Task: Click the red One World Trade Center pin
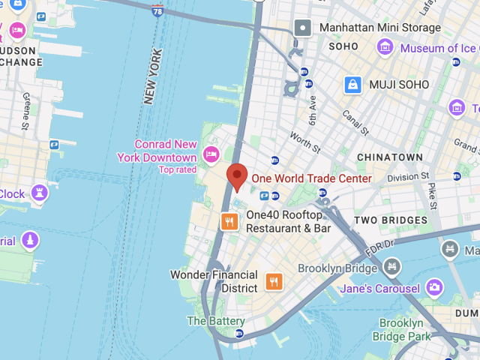[238, 176]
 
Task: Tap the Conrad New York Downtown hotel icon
[211, 155]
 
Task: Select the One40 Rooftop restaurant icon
[229, 221]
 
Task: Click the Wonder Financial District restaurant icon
[274, 282]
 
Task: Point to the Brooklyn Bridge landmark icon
[391, 267]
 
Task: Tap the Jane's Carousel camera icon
[434, 287]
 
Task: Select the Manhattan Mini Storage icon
[303, 28]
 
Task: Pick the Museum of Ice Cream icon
[385, 47]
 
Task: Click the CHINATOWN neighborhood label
[390, 157]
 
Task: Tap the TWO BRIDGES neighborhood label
[391, 220]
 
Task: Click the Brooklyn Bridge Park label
[405, 330]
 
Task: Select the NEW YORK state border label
[152, 76]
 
